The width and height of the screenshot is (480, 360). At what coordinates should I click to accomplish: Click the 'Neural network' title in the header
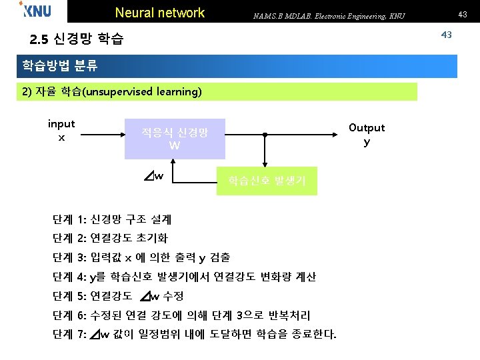click(x=160, y=13)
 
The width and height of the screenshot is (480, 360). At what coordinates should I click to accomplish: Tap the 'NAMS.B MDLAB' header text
click(x=327, y=15)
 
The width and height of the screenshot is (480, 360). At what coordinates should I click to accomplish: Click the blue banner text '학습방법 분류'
click(x=60, y=66)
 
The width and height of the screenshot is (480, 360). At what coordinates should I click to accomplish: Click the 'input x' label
click(x=61, y=130)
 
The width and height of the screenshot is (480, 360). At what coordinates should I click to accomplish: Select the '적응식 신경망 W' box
click(x=175, y=139)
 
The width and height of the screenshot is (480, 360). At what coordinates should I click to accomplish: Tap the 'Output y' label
click(x=367, y=134)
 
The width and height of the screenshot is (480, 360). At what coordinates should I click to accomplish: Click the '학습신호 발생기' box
click(x=267, y=180)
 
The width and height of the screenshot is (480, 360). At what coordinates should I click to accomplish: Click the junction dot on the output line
click(x=265, y=135)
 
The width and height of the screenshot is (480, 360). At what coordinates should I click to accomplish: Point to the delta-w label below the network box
click(x=153, y=176)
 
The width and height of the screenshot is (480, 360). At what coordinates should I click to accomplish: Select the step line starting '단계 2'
click(x=110, y=238)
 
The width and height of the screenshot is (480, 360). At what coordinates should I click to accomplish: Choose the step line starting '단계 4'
click(x=184, y=277)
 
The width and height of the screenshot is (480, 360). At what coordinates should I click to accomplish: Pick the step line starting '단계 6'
click(x=181, y=315)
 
